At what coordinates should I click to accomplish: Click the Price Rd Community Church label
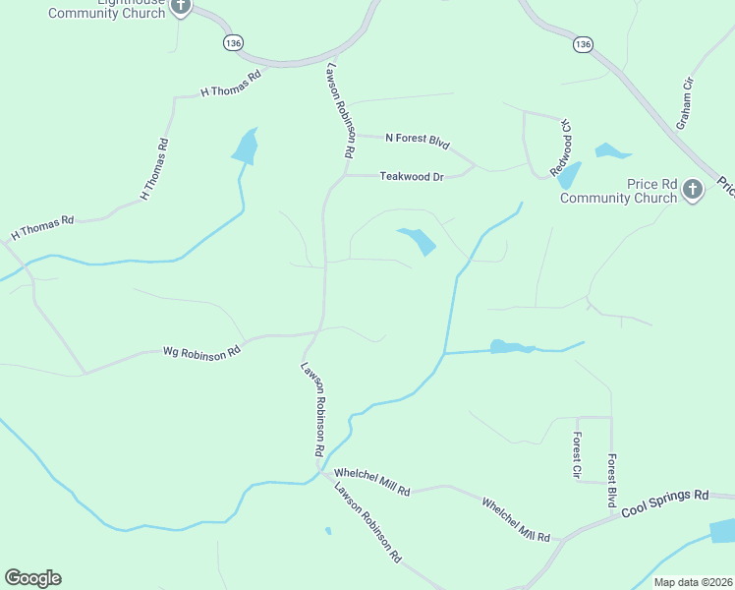click(x=619, y=191)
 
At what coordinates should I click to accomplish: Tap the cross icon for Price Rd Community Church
click(x=692, y=189)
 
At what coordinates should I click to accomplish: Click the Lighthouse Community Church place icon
click(x=180, y=6)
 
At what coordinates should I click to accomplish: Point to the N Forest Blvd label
click(x=417, y=141)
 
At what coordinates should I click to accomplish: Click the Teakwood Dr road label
click(x=412, y=177)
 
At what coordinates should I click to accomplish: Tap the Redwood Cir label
click(x=563, y=142)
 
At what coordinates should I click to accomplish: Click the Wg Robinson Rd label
click(x=201, y=350)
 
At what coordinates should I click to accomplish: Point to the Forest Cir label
click(x=578, y=455)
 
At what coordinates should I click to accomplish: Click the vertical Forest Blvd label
click(x=611, y=481)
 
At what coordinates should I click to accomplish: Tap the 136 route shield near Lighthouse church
click(x=232, y=43)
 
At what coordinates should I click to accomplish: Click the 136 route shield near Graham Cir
click(x=583, y=45)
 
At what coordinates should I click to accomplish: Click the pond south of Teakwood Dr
click(x=418, y=239)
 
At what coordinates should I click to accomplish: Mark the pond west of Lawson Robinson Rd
click(x=246, y=147)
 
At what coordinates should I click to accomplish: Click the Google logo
click(x=32, y=578)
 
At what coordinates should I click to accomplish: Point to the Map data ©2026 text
click(x=693, y=582)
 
